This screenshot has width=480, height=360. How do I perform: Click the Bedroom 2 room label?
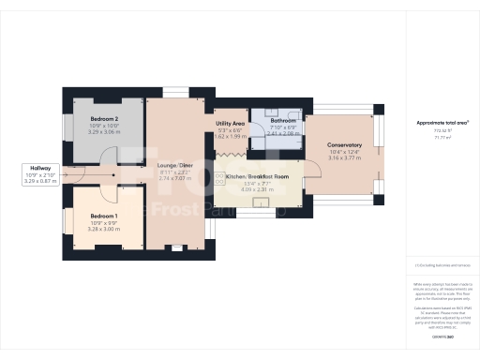coord(103,120)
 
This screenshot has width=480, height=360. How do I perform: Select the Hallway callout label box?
coord(39,173)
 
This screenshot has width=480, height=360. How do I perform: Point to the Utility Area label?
coord(230,123)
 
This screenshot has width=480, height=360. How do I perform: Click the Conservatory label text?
coord(344,144)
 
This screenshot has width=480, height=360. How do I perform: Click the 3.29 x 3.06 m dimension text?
coord(103,133)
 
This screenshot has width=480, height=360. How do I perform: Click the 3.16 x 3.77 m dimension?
coord(344,157)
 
